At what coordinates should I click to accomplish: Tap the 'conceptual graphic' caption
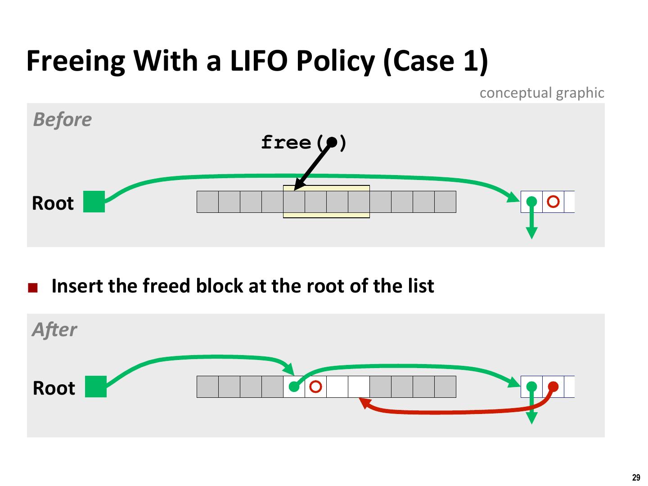pyautogui.click(x=541, y=93)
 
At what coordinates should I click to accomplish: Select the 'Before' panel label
pyautogui.click(x=62, y=120)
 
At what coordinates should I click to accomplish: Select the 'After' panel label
pyautogui.click(x=54, y=330)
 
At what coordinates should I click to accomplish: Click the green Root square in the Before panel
pyautogui.click(x=94, y=202)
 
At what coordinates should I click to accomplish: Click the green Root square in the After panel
pyautogui.click(x=96, y=387)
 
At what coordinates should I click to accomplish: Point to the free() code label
pyautogui.click(x=304, y=143)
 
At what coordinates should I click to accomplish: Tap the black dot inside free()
pyautogui.click(x=332, y=142)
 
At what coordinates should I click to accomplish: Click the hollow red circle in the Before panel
pyautogui.click(x=553, y=202)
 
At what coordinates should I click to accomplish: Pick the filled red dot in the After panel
pyautogui.click(x=553, y=387)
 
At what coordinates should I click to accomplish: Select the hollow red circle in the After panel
pyautogui.click(x=316, y=387)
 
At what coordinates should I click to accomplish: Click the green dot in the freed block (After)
pyautogui.click(x=294, y=387)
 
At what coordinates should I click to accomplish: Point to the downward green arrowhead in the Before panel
pyautogui.click(x=532, y=233)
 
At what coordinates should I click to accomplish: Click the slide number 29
pyautogui.click(x=636, y=478)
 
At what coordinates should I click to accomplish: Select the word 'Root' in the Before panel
pyautogui.click(x=53, y=203)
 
